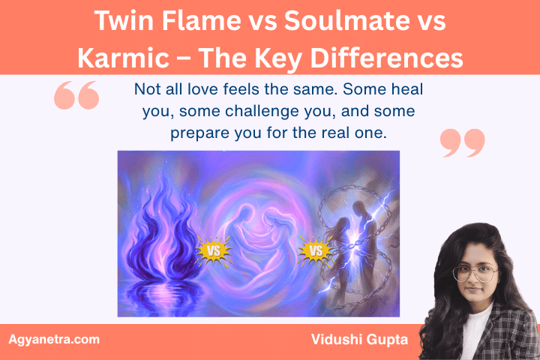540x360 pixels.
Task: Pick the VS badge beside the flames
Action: (x=214, y=250)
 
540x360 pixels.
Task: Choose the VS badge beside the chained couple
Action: (x=314, y=250)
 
